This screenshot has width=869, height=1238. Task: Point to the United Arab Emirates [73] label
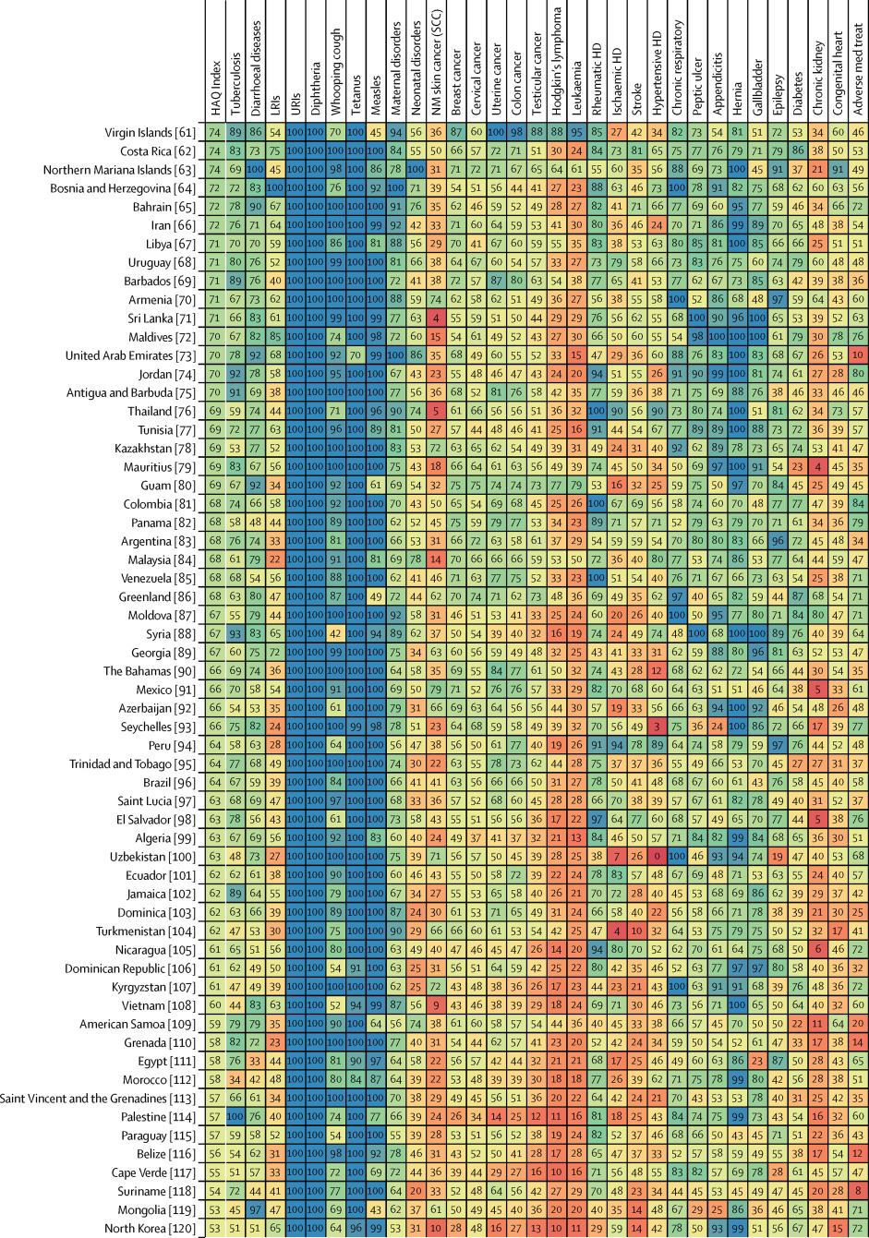[132, 355]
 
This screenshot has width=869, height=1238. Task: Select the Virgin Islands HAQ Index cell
[215, 132]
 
